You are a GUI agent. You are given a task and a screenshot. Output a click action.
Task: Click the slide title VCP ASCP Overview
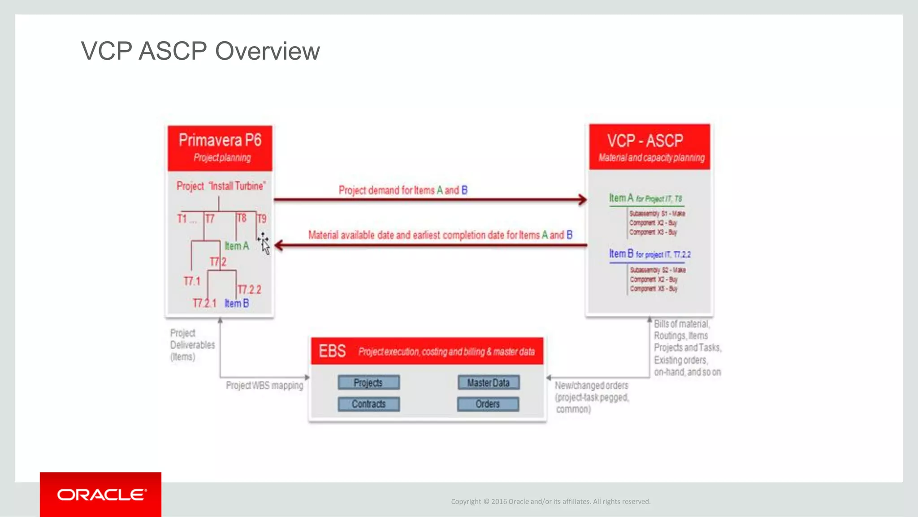(x=200, y=51)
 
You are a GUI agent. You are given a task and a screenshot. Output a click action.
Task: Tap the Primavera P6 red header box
(x=220, y=148)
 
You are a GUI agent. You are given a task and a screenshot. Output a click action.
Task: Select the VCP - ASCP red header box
(x=650, y=147)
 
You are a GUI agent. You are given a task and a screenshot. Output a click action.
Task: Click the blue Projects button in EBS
(x=368, y=382)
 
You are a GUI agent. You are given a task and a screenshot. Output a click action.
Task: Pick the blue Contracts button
(x=368, y=404)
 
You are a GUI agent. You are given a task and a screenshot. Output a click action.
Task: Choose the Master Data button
(x=488, y=382)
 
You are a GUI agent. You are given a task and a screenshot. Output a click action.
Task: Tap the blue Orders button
(x=488, y=404)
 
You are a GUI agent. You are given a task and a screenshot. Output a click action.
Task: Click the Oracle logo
(x=101, y=495)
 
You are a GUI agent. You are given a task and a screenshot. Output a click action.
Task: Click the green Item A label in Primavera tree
(x=236, y=246)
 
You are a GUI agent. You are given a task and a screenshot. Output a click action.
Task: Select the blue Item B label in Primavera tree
(x=236, y=303)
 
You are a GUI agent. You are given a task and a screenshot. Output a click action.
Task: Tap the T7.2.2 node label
(x=249, y=289)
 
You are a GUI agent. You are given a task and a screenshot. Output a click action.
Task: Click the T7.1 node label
(x=192, y=281)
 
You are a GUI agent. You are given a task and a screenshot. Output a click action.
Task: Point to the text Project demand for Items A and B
(x=403, y=190)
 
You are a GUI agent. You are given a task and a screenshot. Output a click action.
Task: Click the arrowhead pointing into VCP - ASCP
(x=582, y=200)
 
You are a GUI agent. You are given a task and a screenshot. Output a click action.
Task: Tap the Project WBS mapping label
(x=264, y=386)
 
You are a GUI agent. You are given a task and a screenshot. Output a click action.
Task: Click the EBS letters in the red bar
(x=332, y=351)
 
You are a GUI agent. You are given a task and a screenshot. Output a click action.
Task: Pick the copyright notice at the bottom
(x=550, y=501)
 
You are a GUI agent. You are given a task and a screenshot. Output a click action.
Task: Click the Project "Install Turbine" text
(x=221, y=186)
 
